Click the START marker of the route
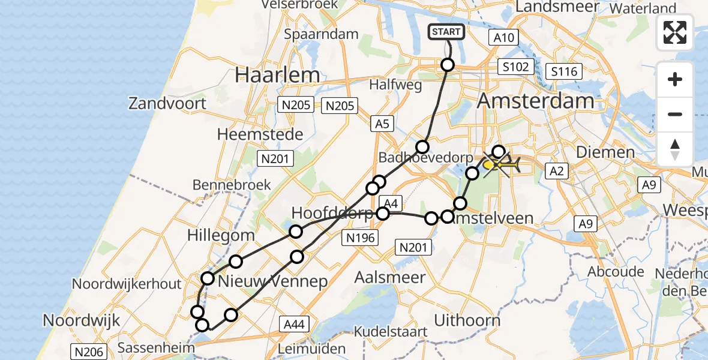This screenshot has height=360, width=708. coord(446,32)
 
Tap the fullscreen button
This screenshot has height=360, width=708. coord(675,32)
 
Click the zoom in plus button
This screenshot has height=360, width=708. coord(675,79)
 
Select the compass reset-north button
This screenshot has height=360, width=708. coord(675,149)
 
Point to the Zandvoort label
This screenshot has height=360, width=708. coord(167,103)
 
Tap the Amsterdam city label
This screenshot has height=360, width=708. coord(535,100)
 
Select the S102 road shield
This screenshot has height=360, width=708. coord(516,66)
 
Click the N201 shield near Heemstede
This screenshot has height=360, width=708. coord(275,159)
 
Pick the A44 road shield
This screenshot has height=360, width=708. coord(294,325)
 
